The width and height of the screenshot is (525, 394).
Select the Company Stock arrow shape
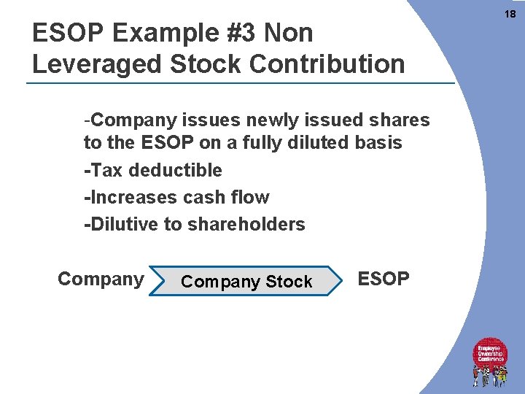tap(246, 282)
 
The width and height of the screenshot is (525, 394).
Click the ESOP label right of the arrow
tap(384, 279)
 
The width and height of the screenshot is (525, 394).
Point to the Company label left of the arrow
tap(101, 279)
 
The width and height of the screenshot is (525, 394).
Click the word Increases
tap(131, 198)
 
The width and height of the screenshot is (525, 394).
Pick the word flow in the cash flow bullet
tap(252, 198)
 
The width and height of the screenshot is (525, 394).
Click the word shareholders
tap(246, 225)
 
